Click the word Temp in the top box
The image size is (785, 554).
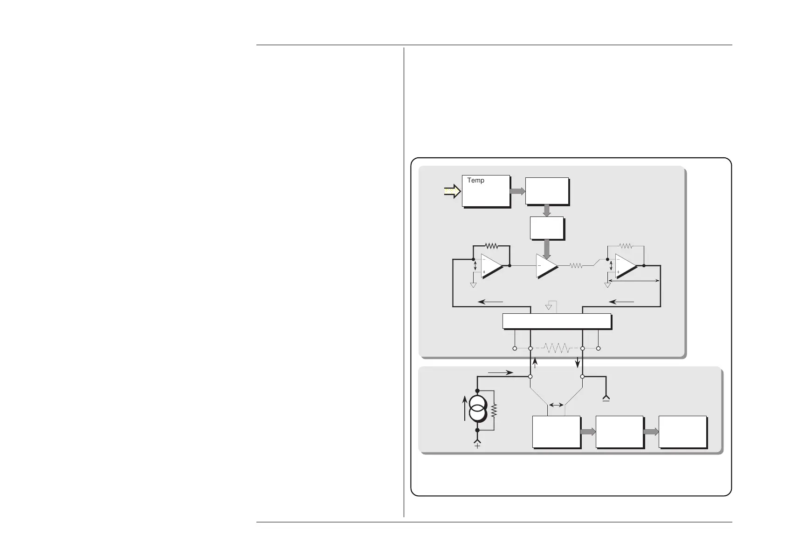point(475,181)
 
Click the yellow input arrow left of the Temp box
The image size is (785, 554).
point(451,190)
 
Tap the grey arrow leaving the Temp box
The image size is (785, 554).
point(517,191)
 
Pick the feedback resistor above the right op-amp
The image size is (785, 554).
point(626,246)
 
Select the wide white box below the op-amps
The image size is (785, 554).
point(557,321)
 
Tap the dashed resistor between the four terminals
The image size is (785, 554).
point(556,348)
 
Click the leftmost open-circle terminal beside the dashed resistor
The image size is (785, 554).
point(514,348)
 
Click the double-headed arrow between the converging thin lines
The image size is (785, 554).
point(556,405)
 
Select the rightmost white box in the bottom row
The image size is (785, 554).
point(682,432)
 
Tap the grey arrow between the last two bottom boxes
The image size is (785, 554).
point(651,432)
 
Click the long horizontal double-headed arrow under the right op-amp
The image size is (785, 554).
point(634,281)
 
